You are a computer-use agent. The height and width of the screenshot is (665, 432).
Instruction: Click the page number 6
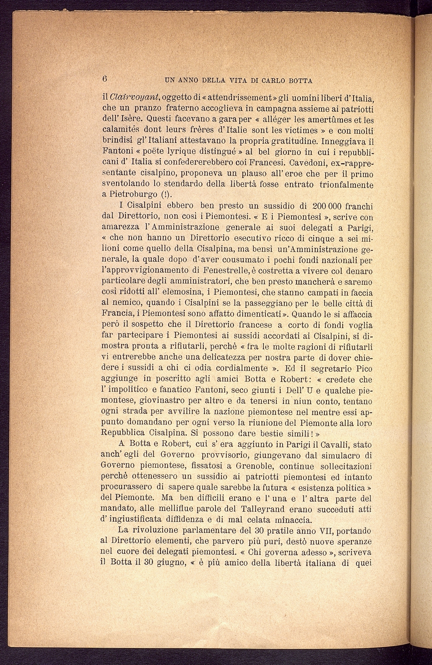(105, 79)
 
